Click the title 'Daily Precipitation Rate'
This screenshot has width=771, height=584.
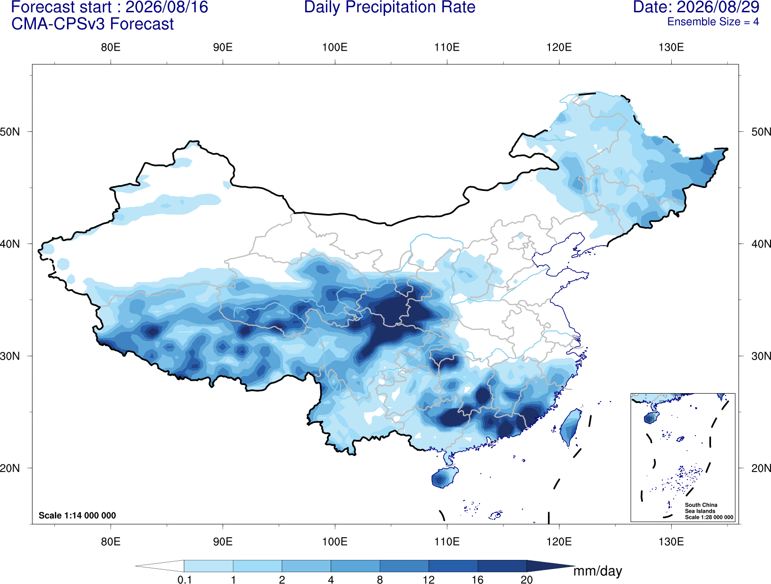[x=390, y=7]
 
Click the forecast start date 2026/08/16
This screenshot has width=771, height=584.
[x=167, y=7]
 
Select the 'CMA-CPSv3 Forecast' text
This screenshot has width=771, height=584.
[x=93, y=24]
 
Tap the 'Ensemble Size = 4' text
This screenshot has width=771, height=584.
[x=713, y=22]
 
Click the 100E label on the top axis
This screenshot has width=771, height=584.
[x=335, y=47]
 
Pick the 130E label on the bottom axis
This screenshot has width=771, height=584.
[x=671, y=541]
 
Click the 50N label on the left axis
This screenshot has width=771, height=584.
[x=10, y=132]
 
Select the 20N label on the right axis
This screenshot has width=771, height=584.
[x=761, y=468]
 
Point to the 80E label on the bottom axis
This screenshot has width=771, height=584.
[x=111, y=541]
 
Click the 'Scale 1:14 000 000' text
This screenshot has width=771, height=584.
[x=77, y=515]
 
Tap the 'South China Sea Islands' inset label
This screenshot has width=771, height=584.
[x=701, y=508]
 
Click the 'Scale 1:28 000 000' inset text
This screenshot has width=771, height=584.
[x=709, y=517]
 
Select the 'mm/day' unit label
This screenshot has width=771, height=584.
[x=598, y=571]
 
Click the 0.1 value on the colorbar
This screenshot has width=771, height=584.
[x=184, y=580]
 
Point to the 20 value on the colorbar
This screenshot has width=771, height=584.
[x=527, y=580]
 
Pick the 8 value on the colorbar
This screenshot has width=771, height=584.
[x=380, y=580]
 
